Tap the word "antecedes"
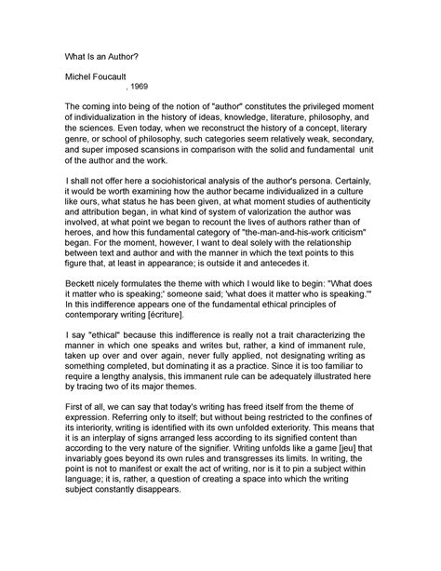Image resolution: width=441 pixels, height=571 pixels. pyautogui.click(x=339, y=291)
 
